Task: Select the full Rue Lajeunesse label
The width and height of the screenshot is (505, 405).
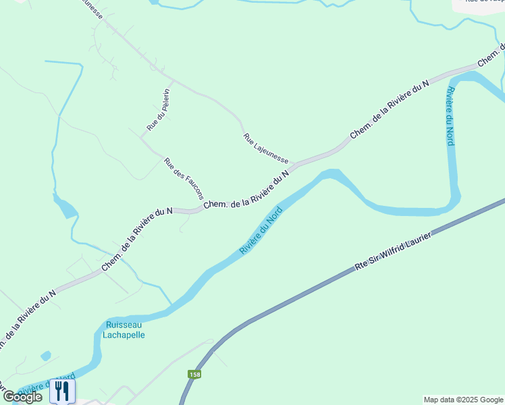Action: pyautogui.click(x=266, y=148)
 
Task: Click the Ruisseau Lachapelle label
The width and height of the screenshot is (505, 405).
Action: pyautogui.click(x=124, y=329)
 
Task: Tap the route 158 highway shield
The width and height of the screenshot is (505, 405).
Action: pyautogui.click(x=194, y=373)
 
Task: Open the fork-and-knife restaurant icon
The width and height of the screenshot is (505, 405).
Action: pyautogui.click(x=62, y=390)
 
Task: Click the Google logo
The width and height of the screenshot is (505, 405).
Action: pyautogui.click(x=23, y=397)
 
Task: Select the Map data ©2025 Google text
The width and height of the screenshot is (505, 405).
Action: pyautogui.click(x=463, y=400)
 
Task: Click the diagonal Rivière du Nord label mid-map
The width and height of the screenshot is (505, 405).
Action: pyautogui.click(x=261, y=231)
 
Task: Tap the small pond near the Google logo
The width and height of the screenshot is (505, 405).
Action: pyautogui.click(x=46, y=355)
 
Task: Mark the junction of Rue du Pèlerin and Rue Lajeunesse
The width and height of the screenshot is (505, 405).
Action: pyautogui.click(x=174, y=82)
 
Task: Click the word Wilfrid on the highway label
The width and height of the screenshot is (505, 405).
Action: pyautogui.click(x=404, y=243)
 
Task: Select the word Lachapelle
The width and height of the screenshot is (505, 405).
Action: pyautogui.click(x=124, y=334)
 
